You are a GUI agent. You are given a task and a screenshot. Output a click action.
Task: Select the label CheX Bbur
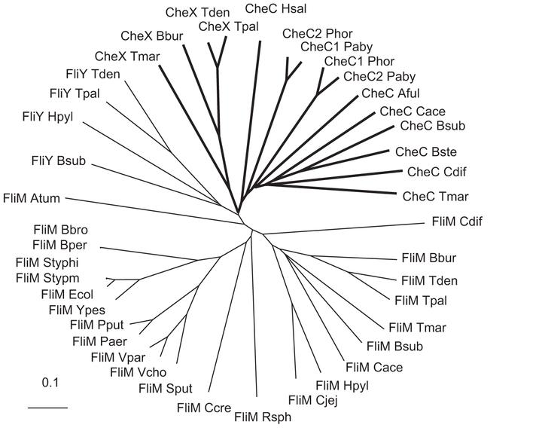tap(148, 35)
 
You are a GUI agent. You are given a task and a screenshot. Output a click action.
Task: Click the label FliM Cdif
tap(457, 222)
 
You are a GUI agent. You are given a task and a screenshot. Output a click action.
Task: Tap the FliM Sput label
tap(166, 388)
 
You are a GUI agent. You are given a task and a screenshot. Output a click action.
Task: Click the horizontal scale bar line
tap(48, 408)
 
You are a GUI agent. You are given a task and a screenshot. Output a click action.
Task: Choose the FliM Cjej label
tap(312, 399)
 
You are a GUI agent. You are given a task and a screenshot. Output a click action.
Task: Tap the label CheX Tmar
tap(121, 57)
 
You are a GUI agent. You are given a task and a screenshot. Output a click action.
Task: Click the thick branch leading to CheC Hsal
tap(256, 113)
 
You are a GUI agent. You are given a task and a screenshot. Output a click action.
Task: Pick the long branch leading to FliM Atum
tap(151, 206)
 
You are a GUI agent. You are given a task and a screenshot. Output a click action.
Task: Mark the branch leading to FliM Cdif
tap(339, 228)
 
